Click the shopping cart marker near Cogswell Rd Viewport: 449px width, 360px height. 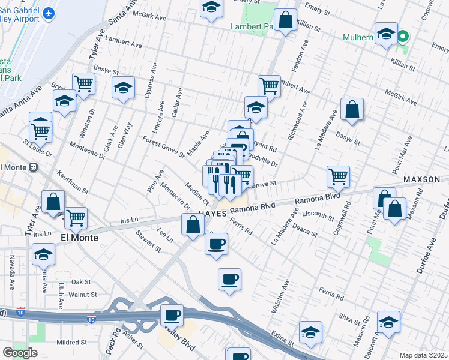pos(339,176)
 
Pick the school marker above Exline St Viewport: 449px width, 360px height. pos(311,331)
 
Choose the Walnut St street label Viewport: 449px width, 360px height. pos(82,295)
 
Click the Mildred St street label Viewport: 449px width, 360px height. pos(72,343)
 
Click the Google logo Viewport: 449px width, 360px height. pos(20,353)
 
